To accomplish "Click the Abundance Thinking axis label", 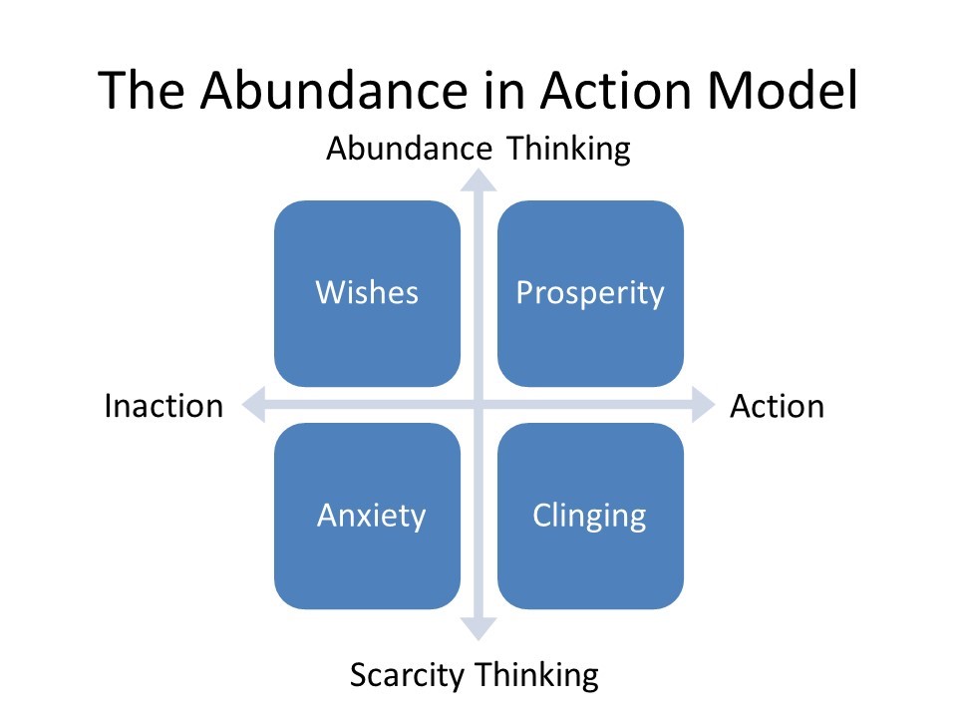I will point(478,149).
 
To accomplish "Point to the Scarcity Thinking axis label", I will point(474,675).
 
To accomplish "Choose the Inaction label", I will point(163,406).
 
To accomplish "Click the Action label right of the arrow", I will point(777,406).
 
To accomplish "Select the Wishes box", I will point(367,293).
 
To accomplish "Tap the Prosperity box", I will point(590,293).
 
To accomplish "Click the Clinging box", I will point(590,516).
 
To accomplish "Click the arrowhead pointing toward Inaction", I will point(253,405).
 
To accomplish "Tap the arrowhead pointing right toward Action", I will point(705,405).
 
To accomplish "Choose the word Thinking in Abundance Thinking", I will point(569,149).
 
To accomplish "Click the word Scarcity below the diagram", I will point(408,675).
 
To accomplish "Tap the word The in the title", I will point(144,90).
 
